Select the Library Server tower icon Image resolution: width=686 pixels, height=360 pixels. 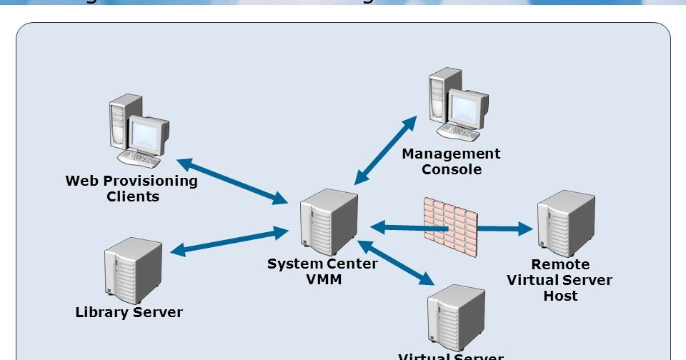(x=132, y=271)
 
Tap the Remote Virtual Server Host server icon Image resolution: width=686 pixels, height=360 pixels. (x=565, y=223)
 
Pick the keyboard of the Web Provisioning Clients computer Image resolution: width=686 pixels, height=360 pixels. (x=139, y=159)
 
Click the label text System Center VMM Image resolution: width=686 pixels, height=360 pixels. (x=322, y=271)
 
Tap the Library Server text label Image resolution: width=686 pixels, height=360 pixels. (x=129, y=312)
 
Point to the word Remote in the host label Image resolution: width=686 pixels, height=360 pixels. (x=560, y=264)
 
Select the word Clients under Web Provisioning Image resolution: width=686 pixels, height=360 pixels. (x=133, y=196)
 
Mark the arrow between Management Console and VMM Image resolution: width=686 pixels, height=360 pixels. (x=387, y=150)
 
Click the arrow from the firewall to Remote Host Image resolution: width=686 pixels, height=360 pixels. (x=505, y=229)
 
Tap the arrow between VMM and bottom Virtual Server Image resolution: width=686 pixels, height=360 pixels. (x=394, y=262)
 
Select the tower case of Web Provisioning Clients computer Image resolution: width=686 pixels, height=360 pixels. (x=119, y=125)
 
